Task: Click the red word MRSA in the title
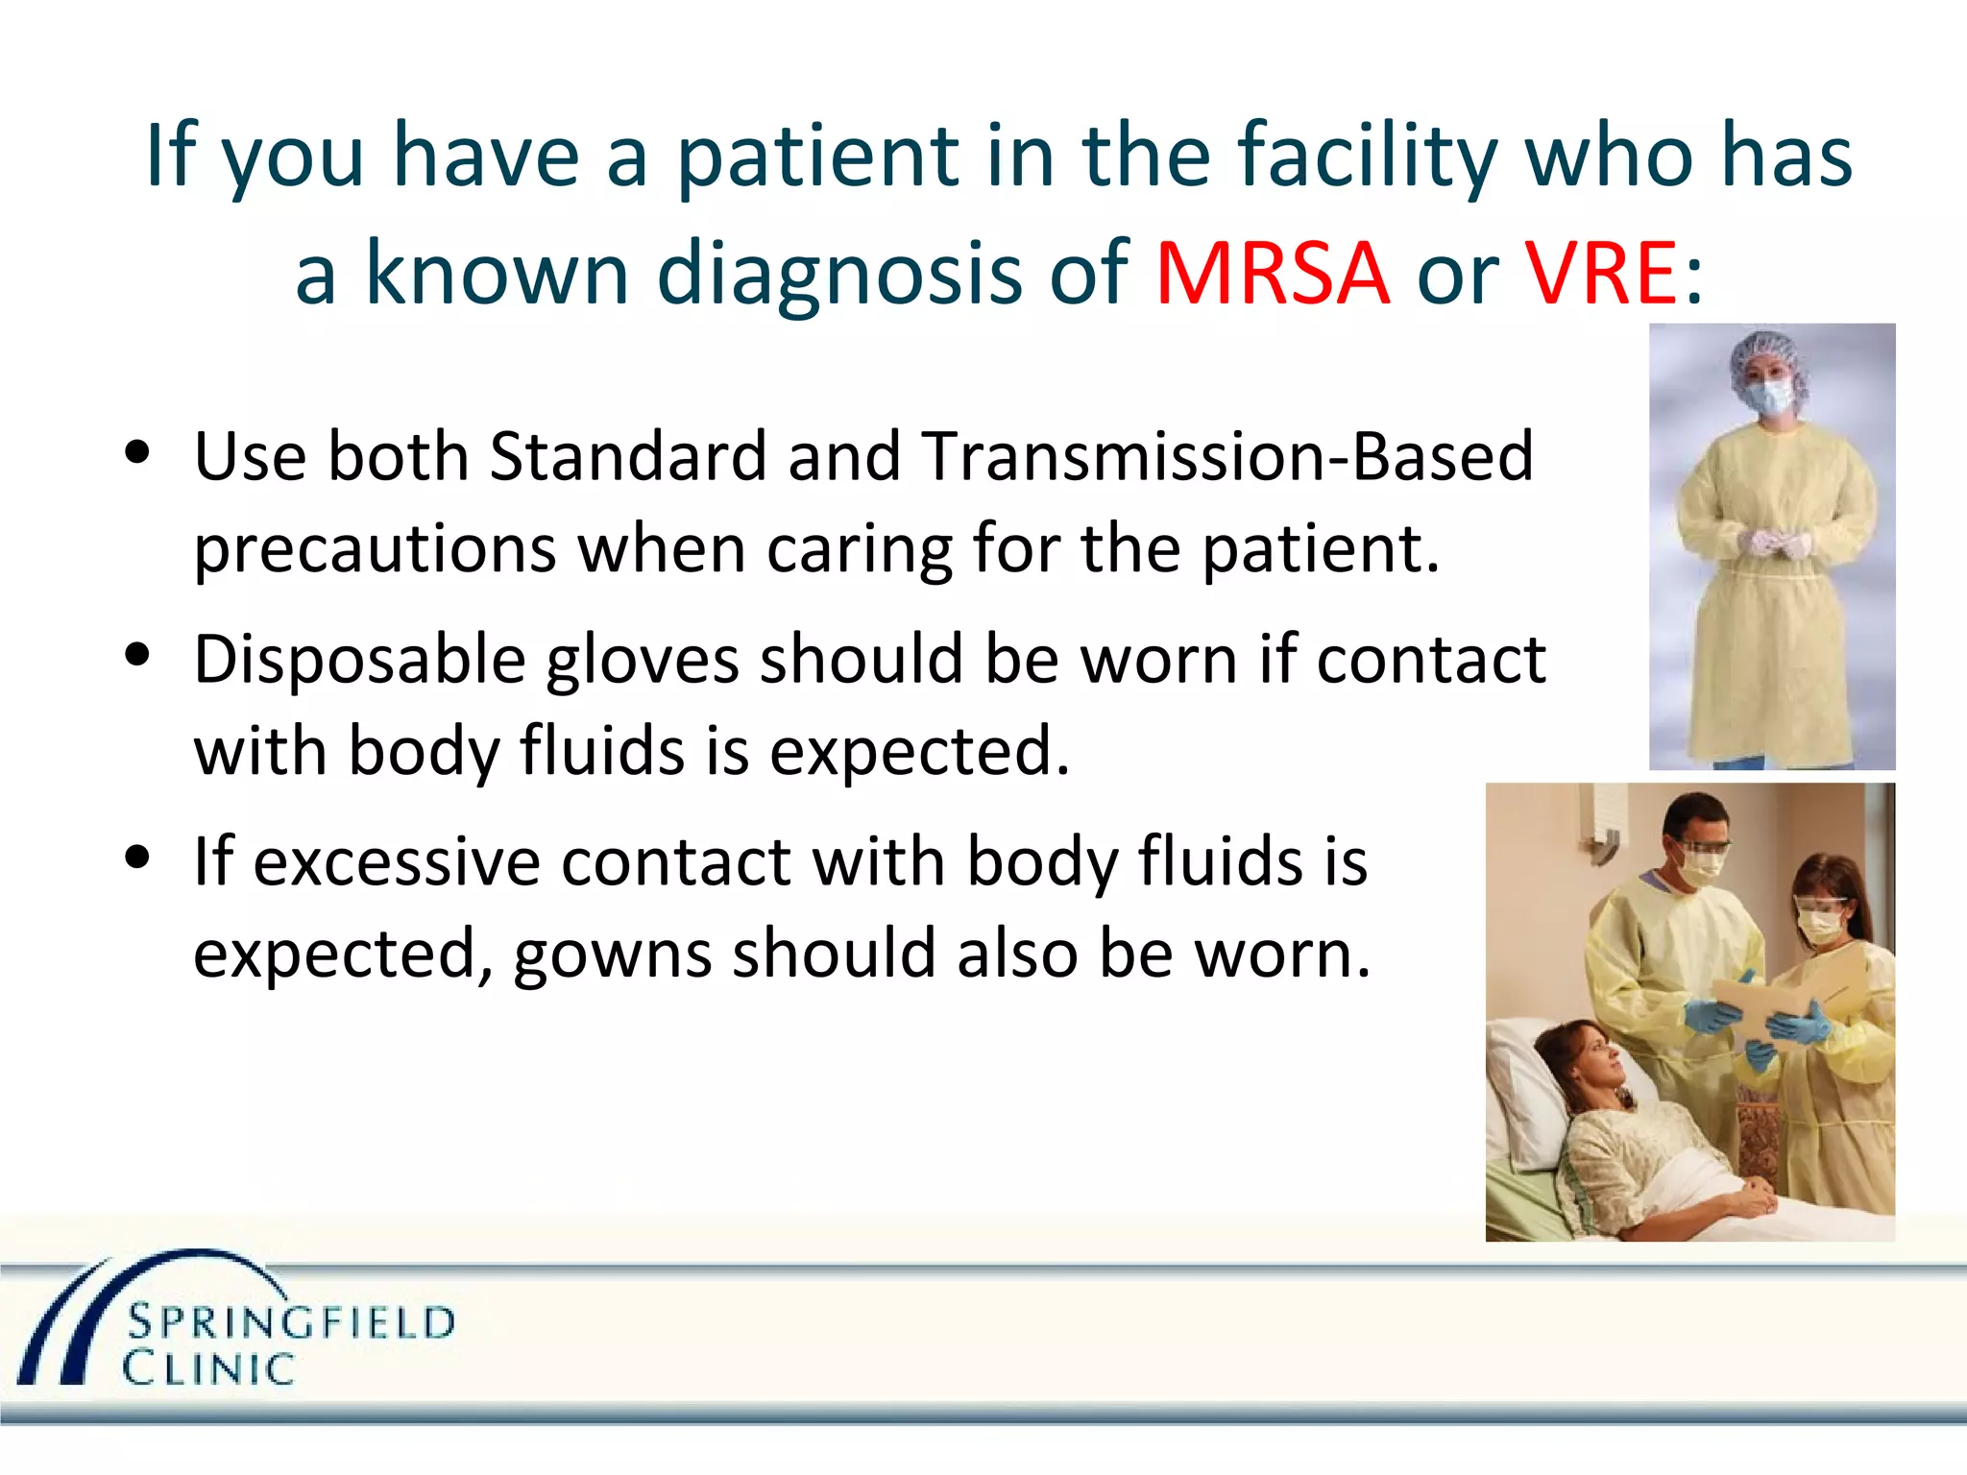pos(1272,274)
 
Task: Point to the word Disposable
pos(359,661)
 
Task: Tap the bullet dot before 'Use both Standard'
pos(138,452)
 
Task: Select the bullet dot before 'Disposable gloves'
pos(138,656)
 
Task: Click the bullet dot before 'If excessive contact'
pos(138,857)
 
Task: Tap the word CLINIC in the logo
pos(207,1369)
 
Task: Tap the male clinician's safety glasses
pos(1701,847)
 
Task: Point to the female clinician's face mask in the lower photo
pos(1818,926)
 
